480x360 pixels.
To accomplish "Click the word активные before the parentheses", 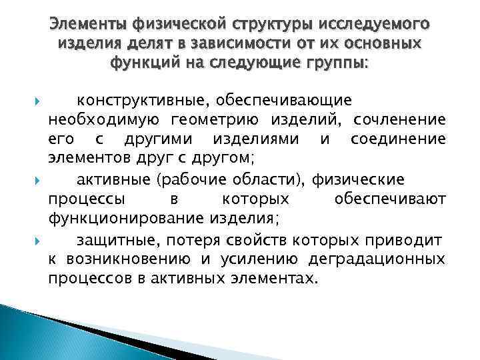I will pyautogui.click(x=112, y=180).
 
